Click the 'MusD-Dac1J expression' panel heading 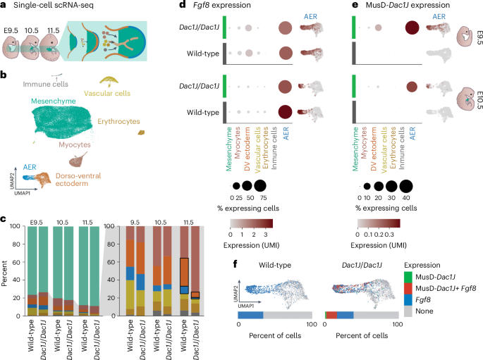[x=398, y=7]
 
